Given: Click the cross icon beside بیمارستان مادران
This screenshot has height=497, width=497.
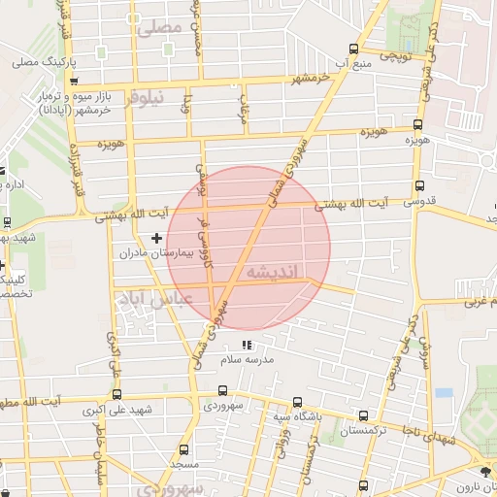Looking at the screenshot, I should pyautogui.click(x=156, y=238).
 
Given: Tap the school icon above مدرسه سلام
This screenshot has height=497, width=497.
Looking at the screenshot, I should pyautogui.click(x=246, y=345).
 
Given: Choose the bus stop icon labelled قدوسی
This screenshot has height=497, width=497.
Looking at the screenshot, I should pyautogui.click(x=418, y=184).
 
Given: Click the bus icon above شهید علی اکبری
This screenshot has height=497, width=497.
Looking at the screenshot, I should pyautogui.click(x=117, y=395).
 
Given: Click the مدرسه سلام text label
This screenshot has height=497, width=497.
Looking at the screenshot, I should pyautogui.click(x=246, y=360).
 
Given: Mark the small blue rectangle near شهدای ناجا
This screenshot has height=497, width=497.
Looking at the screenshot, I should pyautogui.click(x=444, y=393).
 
